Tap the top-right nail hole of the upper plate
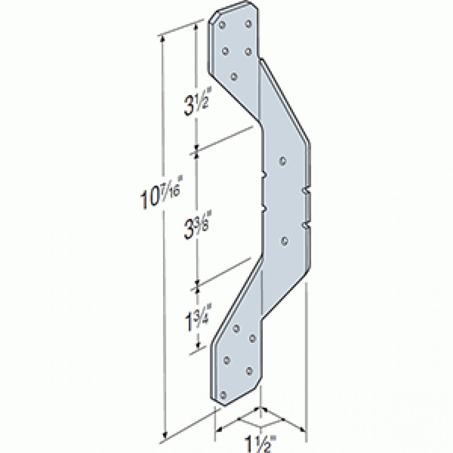248,23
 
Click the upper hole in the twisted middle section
283,160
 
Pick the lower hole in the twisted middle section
284,241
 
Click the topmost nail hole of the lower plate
236,328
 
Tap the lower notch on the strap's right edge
305,224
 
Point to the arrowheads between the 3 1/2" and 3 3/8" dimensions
197,150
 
